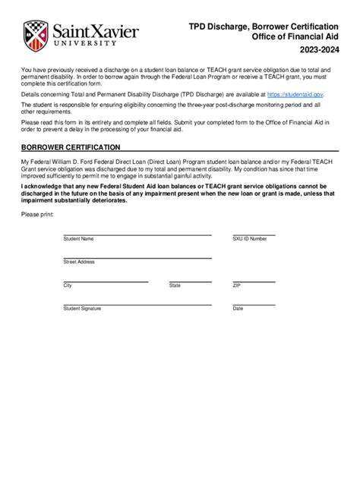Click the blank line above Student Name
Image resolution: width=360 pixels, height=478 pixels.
137,235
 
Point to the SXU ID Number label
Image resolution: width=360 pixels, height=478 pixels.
250,239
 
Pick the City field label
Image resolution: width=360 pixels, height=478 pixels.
68,286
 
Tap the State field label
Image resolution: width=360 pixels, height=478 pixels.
175,286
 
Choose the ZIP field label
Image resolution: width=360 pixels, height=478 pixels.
237,286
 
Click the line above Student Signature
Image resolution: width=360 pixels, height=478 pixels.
137,305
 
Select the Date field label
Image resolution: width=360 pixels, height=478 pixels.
238,309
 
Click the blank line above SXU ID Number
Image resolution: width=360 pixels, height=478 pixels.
285,235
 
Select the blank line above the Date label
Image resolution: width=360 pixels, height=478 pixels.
285,305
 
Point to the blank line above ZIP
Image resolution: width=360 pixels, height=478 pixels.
285,281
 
